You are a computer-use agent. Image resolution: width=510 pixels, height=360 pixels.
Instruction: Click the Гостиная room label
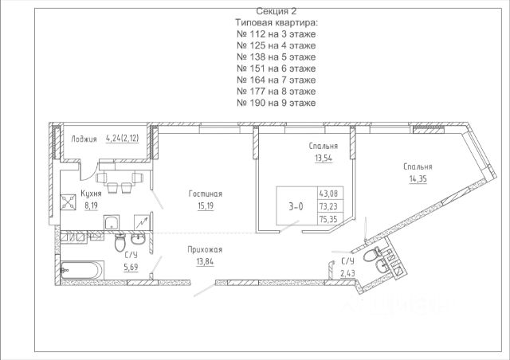pyautogui.click(x=206, y=194)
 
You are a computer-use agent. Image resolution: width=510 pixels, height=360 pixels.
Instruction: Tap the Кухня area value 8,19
pyautogui.click(x=91, y=205)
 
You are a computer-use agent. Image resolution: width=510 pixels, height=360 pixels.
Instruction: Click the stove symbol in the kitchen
pyautogui.click(x=68, y=202)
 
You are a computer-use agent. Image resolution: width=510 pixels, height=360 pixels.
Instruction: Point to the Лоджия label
pyautogui.click(x=84, y=139)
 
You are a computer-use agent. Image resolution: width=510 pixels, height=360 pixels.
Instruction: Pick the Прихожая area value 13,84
pyautogui.click(x=205, y=261)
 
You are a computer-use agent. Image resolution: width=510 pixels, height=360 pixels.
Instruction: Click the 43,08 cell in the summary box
pyautogui.click(x=328, y=194)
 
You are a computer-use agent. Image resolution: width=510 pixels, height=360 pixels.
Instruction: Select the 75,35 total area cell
pyautogui.click(x=328, y=219)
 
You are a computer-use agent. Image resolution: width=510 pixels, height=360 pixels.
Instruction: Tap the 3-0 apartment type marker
pyautogui.click(x=296, y=206)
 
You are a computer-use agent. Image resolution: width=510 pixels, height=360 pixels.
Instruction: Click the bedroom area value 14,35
pyautogui.click(x=418, y=179)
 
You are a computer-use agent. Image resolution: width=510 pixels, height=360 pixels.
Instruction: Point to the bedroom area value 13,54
pyautogui.click(x=324, y=158)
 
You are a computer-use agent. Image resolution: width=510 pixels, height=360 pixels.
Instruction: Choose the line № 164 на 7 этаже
pyautogui.click(x=277, y=80)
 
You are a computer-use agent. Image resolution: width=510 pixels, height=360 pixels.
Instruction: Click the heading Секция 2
pyautogui.click(x=277, y=11)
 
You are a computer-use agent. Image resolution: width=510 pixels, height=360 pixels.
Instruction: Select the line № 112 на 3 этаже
pyautogui.click(x=277, y=34)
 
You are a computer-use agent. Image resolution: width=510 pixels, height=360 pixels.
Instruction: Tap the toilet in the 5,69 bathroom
pyautogui.click(x=120, y=243)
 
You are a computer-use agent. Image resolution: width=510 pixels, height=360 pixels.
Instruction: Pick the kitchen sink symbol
pyautogui.click(x=112, y=223)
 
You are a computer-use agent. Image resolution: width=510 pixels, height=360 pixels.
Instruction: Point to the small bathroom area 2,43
pyautogui.click(x=347, y=273)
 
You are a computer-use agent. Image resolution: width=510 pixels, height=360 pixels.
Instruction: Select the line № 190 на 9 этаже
pyautogui.click(x=277, y=103)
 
